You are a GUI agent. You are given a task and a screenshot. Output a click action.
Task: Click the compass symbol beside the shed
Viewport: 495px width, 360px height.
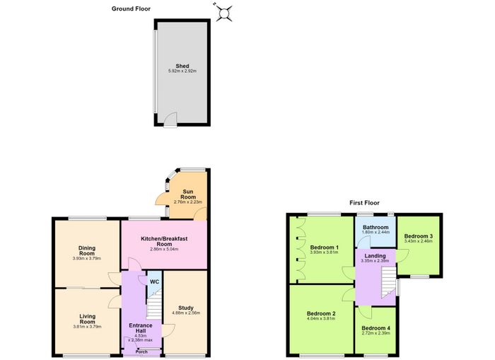(224, 13)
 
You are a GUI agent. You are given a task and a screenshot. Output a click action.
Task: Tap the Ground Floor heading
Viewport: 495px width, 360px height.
(131, 9)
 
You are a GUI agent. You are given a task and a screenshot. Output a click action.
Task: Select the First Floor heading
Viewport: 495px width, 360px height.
(364, 203)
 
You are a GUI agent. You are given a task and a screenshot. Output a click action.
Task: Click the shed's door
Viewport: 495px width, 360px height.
(171, 120)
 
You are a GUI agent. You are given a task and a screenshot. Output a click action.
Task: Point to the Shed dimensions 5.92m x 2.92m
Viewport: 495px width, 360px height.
(182, 71)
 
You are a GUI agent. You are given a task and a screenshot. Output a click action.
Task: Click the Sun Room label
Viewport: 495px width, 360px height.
(188, 194)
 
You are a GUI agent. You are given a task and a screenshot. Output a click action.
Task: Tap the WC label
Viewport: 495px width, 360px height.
(154, 281)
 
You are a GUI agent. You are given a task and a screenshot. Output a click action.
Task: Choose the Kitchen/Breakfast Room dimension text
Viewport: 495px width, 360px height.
(164, 249)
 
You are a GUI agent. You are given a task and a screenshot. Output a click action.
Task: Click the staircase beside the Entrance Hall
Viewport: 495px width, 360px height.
(154, 305)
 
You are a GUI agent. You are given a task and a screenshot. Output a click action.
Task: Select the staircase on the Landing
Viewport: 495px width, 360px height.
(389, 282)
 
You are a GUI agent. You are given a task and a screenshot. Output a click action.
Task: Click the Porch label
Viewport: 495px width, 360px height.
(141, 352)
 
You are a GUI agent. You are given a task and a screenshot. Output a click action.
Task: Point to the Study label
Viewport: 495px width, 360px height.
(186, 308)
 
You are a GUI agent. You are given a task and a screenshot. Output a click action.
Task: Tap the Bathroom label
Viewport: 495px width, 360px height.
(375, 227)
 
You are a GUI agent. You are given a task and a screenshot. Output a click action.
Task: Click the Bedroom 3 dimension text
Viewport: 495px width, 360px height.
(419, 241)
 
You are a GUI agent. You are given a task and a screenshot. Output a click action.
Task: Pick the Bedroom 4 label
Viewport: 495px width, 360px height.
(376, 328)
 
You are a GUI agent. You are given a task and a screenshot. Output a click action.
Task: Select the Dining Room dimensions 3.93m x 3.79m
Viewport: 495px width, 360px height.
(87, 258)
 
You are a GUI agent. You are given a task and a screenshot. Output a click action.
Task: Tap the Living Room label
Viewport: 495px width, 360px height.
(88, 319)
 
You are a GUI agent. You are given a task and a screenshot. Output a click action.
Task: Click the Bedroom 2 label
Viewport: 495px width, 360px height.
(321, 313)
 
